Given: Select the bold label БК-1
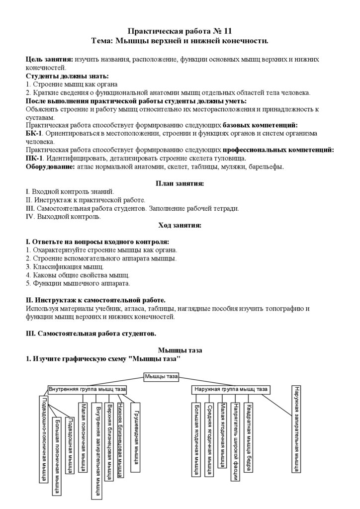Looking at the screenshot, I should coord(34,134).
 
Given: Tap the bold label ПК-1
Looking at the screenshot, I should coord(34,158).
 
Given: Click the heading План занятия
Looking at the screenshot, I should coord(180,183).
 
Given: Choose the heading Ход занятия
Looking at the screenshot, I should coord(180,225).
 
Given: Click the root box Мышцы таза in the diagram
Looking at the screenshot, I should coord(161,377).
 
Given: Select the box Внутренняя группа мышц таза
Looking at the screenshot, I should coord(88,389).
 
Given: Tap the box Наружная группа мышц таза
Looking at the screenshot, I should coord(231,389).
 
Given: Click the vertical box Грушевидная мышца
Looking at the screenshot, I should coord(135,436).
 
